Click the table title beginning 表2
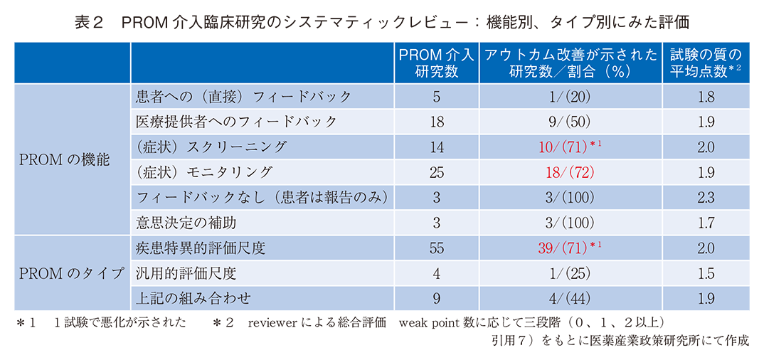pyautogui.click(x=382, y=21)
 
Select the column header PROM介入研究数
pyautogui.click(x=436, y=63)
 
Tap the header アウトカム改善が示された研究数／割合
pyautogui.click(x=571, y=63)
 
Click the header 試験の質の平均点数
pyautogui.click(x=706, y=63)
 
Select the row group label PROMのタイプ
pyautogui.click(x=71, y=272)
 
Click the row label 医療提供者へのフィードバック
pyautogui.click(x=237, y=122)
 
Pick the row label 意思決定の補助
pyautogui.click(x=186, y=223)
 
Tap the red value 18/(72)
pyautogui.click(x=571, y=172)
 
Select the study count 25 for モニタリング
pyautogui.click(x=436, y=172)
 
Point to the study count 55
pyautogui.click(x=436, y=248)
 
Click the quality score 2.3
pyautogui.click(x=706, y=197)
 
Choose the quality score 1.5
pyautogui.click(x=706, y=272)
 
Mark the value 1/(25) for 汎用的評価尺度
pyautogui.click(x=571, y=272)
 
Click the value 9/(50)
pyautogui.click(x=571, y=122)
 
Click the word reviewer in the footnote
pyautogui.click(x=272, y=322)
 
